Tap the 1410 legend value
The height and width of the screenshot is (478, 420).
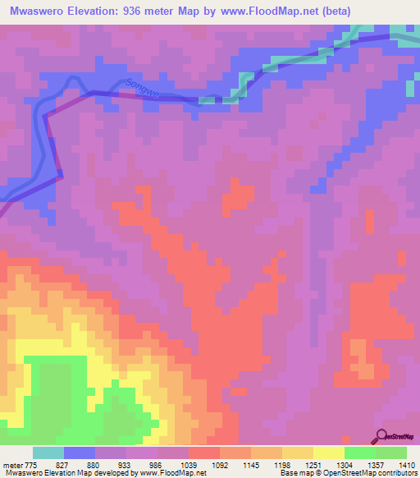pyautogui.click(x=407, y=465)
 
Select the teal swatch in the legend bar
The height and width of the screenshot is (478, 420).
pyautogui.click(x=48, y=453)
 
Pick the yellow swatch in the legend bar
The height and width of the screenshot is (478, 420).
pyautogui.click(x=328, y=453)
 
